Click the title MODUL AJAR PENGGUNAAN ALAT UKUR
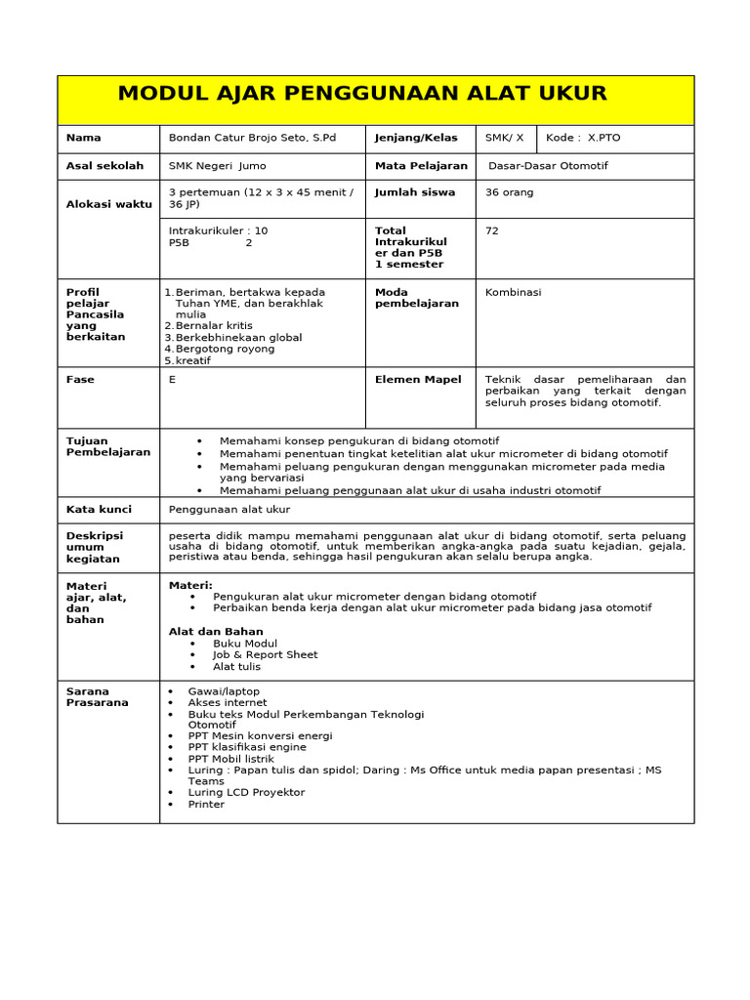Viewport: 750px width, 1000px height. click(x=362, y=94)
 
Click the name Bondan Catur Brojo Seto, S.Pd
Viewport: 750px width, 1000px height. click(x=252, y=138)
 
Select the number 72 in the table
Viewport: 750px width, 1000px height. click(x=492, y=231)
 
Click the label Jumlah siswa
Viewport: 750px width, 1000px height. click(x=415, y=192)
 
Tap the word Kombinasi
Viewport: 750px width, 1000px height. click(x=513, y=292)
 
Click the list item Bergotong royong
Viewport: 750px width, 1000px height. click(x=225, y=349)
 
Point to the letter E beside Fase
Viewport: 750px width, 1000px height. click(x=173, y=380)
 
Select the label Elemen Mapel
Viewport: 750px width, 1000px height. click(x=418, y=380)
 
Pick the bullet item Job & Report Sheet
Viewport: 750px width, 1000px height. click(x=265, y=654)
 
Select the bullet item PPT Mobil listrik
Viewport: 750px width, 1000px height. click(x=231, y=759)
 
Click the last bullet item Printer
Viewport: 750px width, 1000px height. click(x=206, y=804)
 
